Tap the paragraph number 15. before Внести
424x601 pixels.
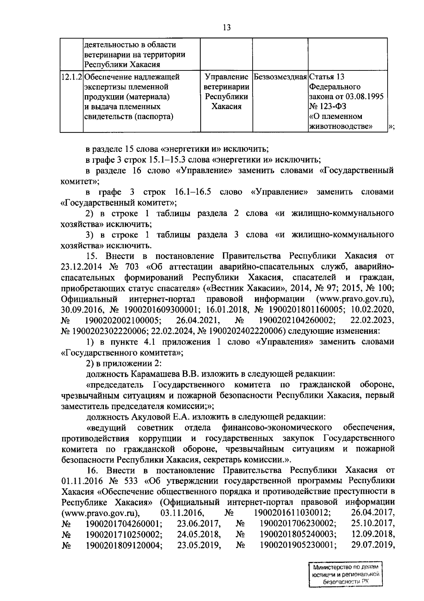coord(93,256)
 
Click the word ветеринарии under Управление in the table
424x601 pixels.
coord(226,87)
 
